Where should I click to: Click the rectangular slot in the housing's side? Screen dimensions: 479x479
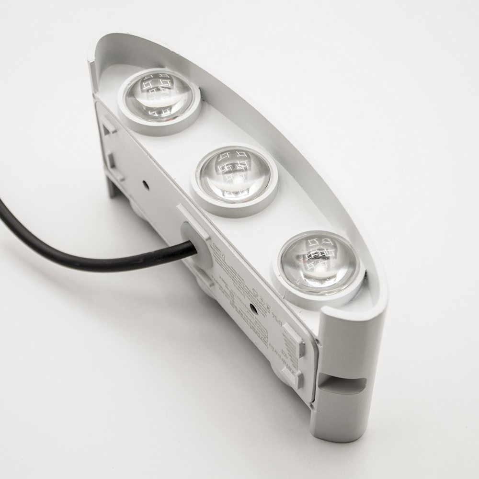click(341, 383)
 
